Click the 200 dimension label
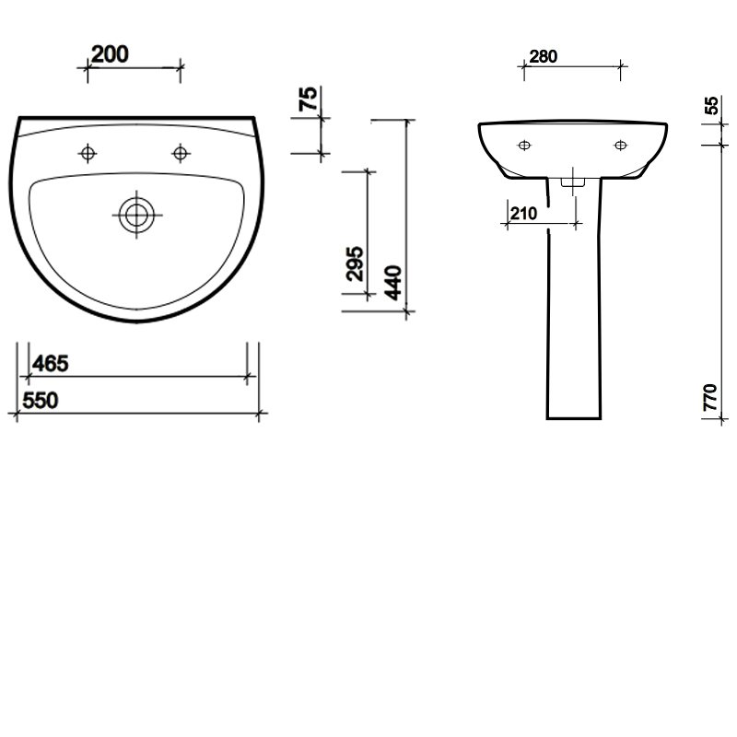[x=110, y=54]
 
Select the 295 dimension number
[x=358, y=263]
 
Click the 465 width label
[x=50, y=364]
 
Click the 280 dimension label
[x=544, y=56]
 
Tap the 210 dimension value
[x=522, y=214]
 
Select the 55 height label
[x=711, y=105]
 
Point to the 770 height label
[x=710, y=397]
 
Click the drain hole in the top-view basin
[x=136, y=215]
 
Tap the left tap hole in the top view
[x=88, y=152]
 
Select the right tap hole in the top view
[x=181, y=152]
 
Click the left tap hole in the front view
[x=524, y=145]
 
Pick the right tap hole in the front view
[x=620, y=145]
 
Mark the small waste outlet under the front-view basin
[x=572, y=181]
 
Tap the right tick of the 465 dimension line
[x=247, y=376]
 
